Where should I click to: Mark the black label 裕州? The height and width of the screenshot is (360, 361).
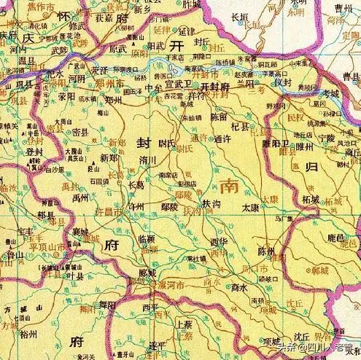point(28,334)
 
